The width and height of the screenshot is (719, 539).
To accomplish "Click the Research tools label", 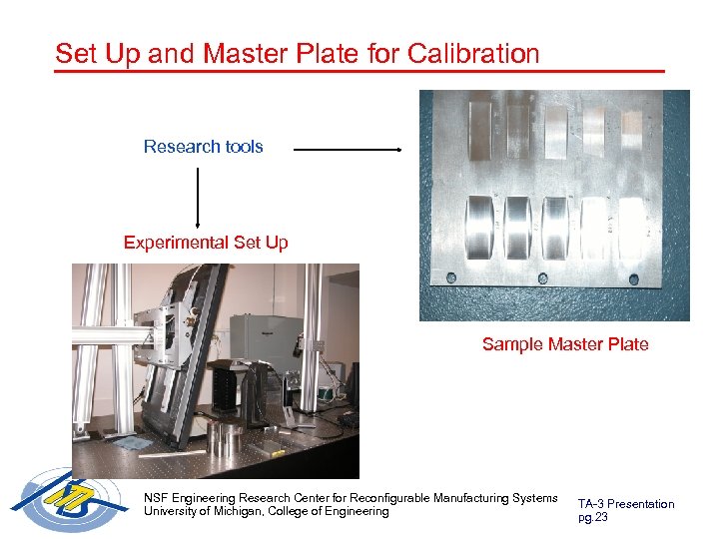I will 203,147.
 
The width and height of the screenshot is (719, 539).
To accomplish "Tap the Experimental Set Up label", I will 206,243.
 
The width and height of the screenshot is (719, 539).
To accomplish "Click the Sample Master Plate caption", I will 564,344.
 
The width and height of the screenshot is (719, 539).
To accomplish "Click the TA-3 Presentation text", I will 625,504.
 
